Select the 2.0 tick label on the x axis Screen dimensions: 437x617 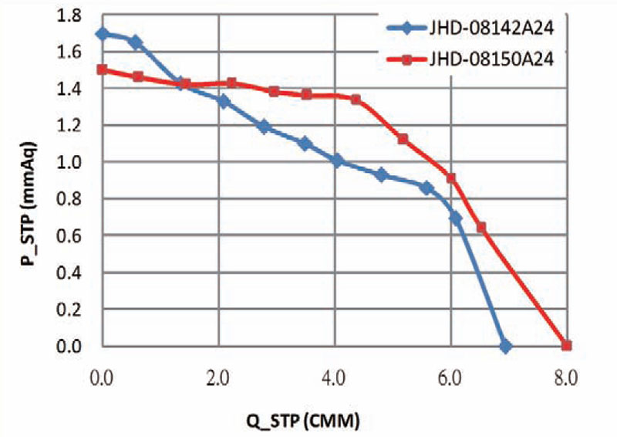point(218,379)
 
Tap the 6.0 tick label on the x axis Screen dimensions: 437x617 point(450,379)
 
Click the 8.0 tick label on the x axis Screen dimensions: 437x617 point(565,379)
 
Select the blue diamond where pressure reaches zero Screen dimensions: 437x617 point(505,347)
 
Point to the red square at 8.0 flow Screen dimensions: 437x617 point(566,346)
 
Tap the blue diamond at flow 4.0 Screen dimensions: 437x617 point(336,161)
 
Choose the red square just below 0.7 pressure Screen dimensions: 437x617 point(481,227)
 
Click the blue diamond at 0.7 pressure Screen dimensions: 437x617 point(456,218)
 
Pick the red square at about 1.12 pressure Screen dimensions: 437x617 point(403,139)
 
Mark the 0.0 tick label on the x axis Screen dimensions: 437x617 point(103,379)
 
